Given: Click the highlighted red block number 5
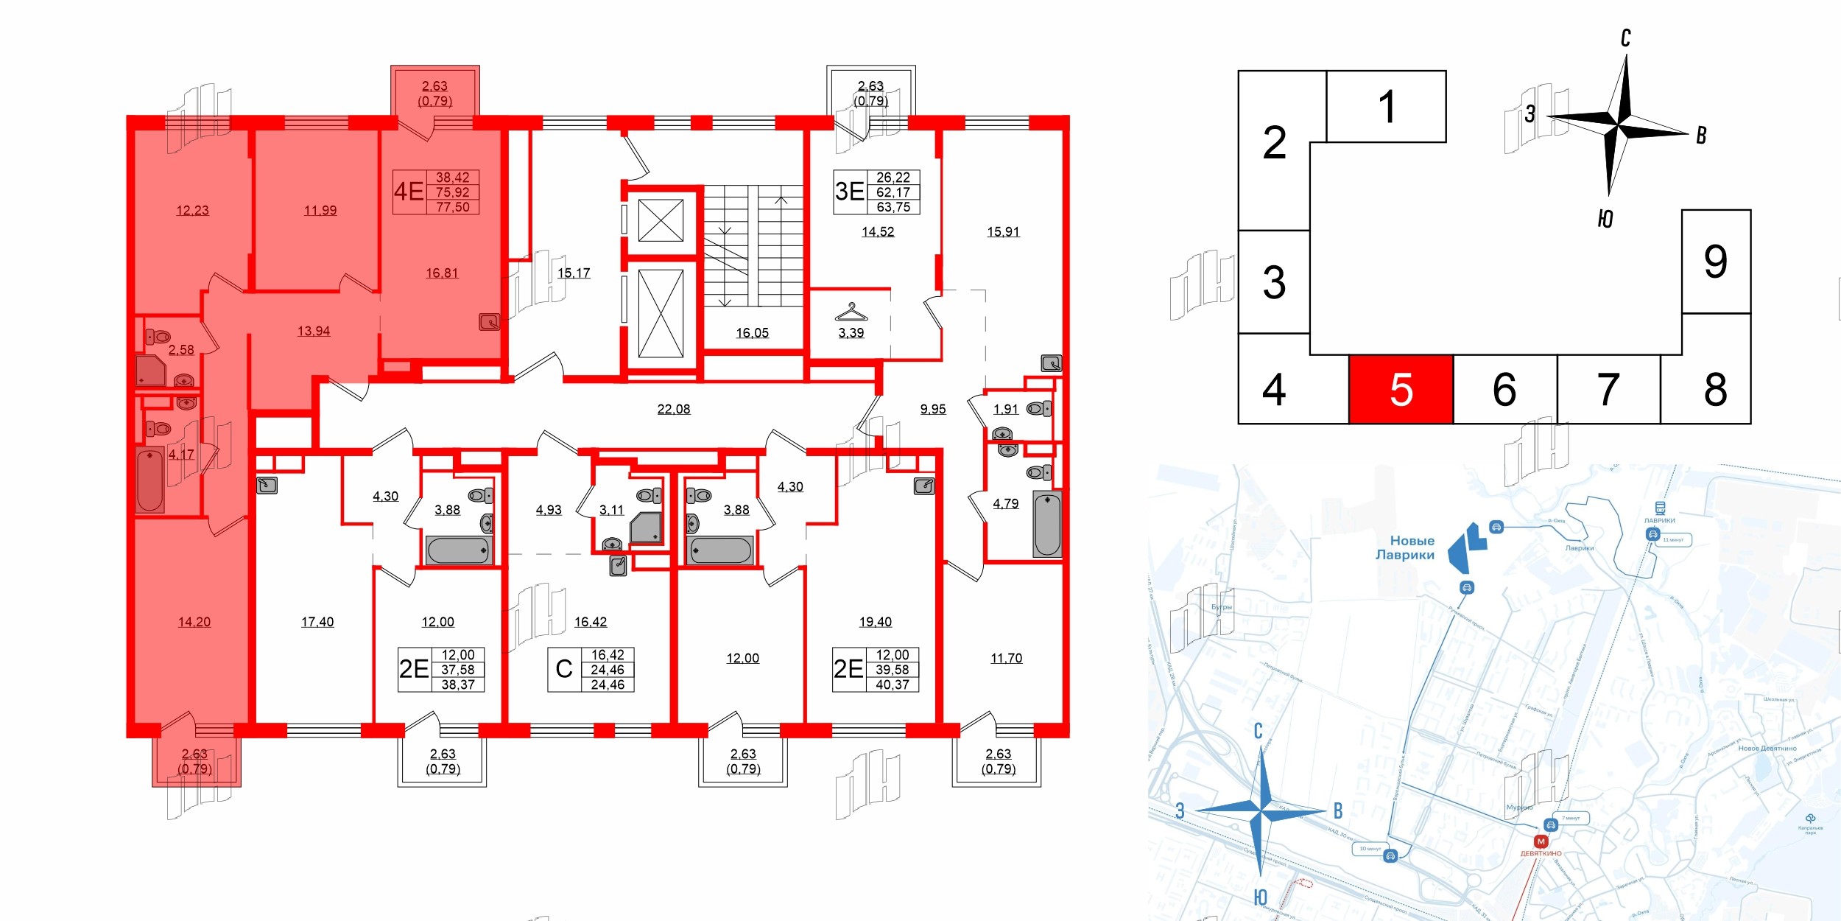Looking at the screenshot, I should [1401, 390].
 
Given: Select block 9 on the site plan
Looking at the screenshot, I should [1715, 262].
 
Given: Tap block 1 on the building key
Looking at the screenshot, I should [1386, 107].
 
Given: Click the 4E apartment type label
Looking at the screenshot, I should [409, 192].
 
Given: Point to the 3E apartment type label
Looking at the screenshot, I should [849, 192].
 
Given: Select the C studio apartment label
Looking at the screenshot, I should [564, 669].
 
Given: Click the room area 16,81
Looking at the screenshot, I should [442, 273].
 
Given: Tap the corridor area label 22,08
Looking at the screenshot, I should [674, 410].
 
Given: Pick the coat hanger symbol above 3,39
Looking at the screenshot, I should [851, 312].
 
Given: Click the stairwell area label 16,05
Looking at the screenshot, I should [753, 333].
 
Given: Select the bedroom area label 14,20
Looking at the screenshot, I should [194, 622].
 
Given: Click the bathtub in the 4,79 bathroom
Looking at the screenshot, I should [1046, 524].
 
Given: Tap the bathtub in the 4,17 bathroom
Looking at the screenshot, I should [149, 480].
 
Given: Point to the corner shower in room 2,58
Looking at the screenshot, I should [150, 371].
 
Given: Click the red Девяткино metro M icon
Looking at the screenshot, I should [1541, 841].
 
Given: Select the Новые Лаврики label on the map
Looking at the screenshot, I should [1405, 547].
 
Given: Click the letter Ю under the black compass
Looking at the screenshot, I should [1605, 219].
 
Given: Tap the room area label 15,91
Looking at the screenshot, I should [1003, 232].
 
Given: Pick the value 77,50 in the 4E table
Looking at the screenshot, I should [453, 207].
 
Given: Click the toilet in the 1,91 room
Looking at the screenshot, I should [1039, 408].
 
